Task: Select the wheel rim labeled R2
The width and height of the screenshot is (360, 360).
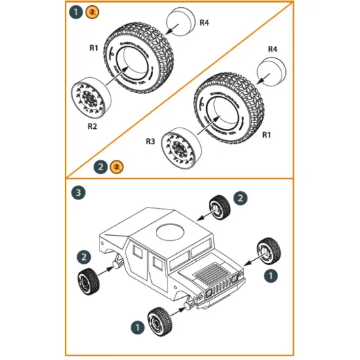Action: point(90,96)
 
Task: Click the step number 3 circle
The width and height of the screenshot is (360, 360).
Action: point(78,193)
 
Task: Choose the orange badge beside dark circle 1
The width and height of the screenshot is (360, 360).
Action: point(93,12)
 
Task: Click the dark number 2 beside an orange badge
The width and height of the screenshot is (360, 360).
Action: point(100,166)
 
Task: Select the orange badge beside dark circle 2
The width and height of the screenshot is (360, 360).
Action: point(115,166)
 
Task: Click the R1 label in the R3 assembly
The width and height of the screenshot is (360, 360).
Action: point(266,135)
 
